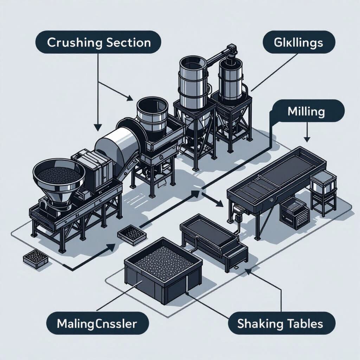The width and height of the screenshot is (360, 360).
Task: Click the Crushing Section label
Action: click(99, 43)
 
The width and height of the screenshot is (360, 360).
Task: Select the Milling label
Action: click(306, 112)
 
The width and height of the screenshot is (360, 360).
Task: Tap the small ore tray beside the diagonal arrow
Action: click(132, 234)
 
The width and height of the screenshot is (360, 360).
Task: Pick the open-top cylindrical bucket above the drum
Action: click(153, 114)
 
